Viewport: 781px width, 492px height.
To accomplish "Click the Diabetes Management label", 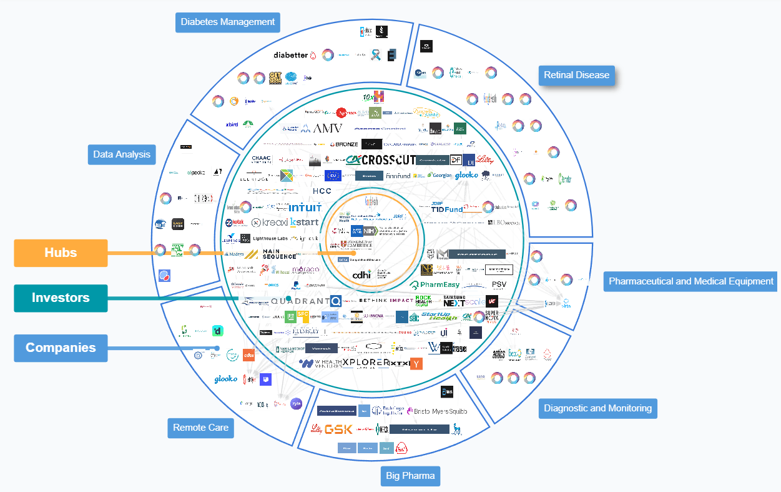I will tap(227, 22).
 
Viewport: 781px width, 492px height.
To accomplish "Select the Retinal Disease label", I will tap(576, 75).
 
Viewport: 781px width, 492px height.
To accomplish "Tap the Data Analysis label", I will tap(122, 154).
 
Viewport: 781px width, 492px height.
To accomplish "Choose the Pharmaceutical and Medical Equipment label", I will tap(691, 281).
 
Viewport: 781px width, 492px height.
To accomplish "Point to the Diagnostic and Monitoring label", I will tap(597, 408).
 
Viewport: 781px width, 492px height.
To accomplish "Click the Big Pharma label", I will tap(410, 476).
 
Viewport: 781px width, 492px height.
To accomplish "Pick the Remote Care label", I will tap(201, 428).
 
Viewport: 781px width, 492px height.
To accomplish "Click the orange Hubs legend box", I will tap(61, 253).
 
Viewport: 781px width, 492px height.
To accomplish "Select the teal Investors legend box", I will tap(61, 298).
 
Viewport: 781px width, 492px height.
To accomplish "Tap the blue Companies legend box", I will tap(61, 348).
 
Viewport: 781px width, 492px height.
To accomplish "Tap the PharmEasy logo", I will tap(435, 285).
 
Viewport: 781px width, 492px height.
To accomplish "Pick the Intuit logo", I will tap(305, 207).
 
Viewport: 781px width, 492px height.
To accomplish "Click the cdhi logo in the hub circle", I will tap(362, 274).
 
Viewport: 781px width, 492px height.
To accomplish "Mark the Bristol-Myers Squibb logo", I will tap(436, 411).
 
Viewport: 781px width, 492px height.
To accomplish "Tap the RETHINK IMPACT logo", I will tap(386, 300).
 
